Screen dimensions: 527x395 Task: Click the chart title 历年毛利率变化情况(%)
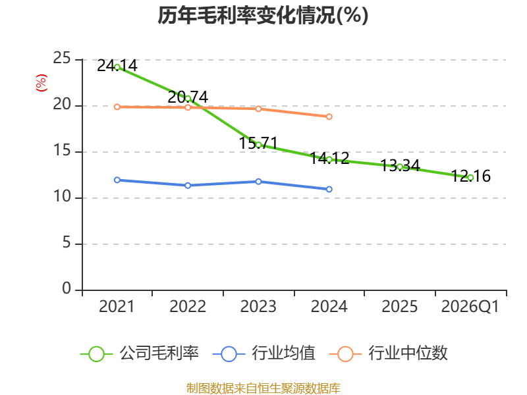tap(263, 15)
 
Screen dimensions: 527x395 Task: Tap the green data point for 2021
tap(117, 67)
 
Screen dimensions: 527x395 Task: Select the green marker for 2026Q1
tap(470, 178)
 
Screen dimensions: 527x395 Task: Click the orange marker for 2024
tap(329, 117)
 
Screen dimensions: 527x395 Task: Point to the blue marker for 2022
tap(188, 186)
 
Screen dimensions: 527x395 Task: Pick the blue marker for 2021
tap(117, 180)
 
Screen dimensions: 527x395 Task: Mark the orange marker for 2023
tap(258, 109)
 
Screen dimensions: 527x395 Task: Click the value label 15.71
tap(258, 143)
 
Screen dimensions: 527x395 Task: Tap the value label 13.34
tap(400, 165)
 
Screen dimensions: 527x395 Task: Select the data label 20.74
tap(188, 97)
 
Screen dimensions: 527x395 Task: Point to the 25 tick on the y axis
tap(62, 58)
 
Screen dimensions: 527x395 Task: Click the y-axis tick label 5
tap(67, 242)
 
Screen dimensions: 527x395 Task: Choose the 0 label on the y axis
tap(67, 288)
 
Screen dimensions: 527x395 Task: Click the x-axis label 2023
tap(258, 306)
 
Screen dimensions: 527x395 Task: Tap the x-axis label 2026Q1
tap(470, 306)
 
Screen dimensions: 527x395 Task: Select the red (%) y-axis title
tap(42, 83)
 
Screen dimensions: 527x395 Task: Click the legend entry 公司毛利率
tap(140, 354)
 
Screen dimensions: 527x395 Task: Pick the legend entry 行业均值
tap(264, 354)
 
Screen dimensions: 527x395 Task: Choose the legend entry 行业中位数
tap(389, 354)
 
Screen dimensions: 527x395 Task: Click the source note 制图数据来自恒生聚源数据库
tap(263, 388)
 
